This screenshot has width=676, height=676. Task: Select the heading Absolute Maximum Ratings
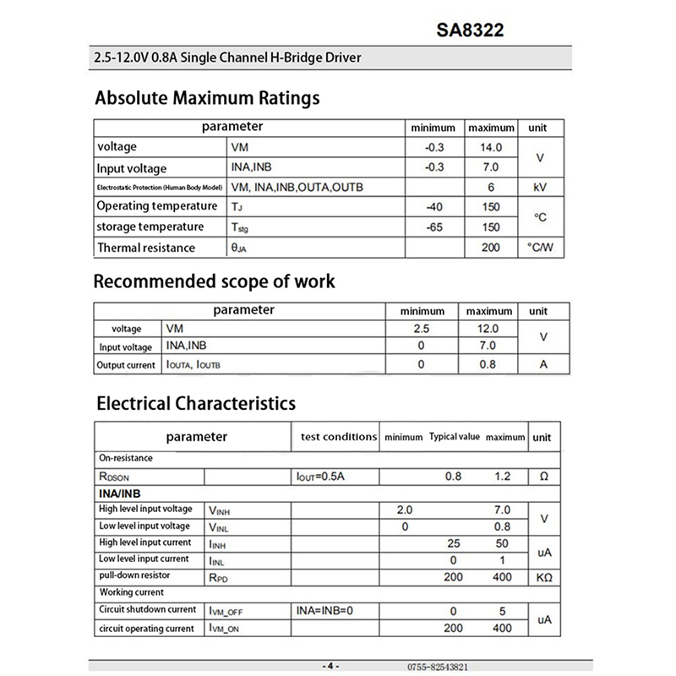pyautogui.click(x=207, y=97)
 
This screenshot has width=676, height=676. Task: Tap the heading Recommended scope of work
pyautogui.click(x=213, y=281)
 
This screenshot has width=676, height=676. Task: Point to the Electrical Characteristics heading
pyautogui.click(x=195, y=402)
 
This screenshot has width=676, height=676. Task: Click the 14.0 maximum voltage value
pyautogui.click(x=490, y=147)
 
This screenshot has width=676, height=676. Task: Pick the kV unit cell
pyautogui.click(x=542, y=187)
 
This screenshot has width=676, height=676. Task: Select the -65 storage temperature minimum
pyautogui.click(x=435, y=227)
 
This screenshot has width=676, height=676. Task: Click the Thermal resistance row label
pyautogui.click(x=145, y=248)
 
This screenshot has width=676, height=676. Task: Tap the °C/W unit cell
pyautogui.click(x=542, y=248)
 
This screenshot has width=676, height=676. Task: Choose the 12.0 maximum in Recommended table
pyautogui.click(x=488, y=329)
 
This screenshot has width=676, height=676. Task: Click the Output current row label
pyautogui.click(x=127, y=365)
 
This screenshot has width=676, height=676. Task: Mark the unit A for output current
pyautogui.click(x=543, y=365)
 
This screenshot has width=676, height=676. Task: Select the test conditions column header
pyautogui.click(x=338, y=437)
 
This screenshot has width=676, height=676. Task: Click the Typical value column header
pyautogui.click(x=454, y=437)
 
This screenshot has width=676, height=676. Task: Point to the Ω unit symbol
pyautogui.click(x=542, y=477)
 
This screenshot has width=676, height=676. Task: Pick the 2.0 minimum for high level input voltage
pyautogui.click(x=405, y=510)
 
